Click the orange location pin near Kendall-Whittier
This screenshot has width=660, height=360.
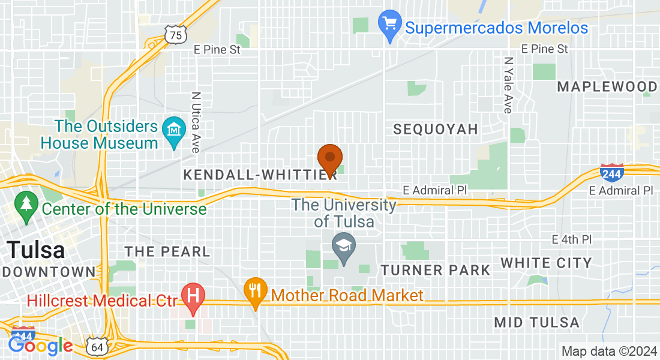coord(329,159)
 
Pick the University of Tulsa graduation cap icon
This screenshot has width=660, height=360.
coord(344,247)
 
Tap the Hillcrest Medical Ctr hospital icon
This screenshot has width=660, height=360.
coord(193,296)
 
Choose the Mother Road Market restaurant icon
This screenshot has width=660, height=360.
coord(256,291)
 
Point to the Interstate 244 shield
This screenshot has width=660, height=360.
coord(611,172)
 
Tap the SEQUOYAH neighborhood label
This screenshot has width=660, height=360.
coord(436,129)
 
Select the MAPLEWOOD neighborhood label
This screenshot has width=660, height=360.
coord(607,86)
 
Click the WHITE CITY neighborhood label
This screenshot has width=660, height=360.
coord(546,263)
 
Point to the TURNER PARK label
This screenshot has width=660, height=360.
coord(436,270)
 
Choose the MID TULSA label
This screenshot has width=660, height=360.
coord(536,322)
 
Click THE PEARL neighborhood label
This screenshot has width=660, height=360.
coord(167,251)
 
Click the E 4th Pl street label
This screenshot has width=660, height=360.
coord(572,239)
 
